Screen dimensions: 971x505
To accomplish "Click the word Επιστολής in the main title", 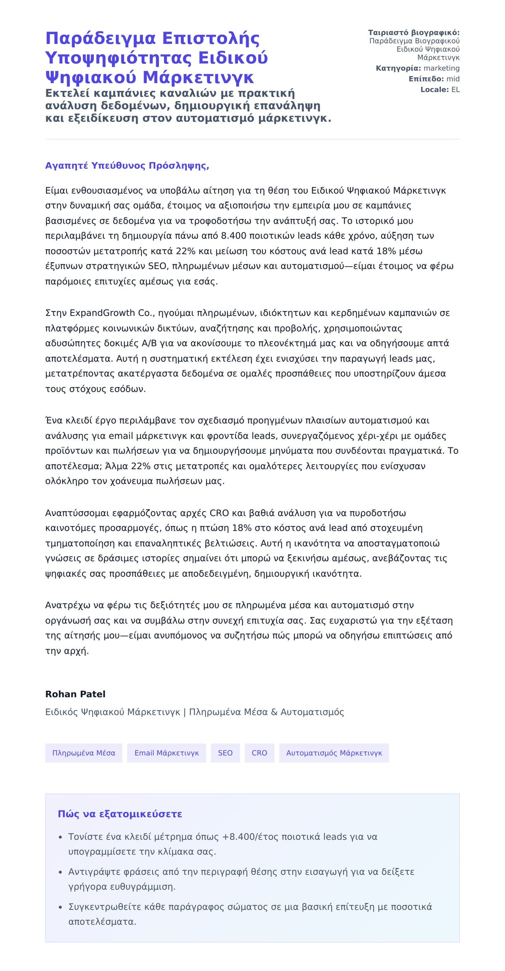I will coord(211,38).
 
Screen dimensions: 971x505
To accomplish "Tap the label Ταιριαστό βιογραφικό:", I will coord(414,32).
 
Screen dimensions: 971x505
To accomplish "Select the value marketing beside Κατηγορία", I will coord(441,68).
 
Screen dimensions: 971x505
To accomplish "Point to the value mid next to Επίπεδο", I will coord(453,79).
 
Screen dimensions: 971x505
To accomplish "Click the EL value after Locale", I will coord(455,90).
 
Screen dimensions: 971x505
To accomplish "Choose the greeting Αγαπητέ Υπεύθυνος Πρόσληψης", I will coord(127,166).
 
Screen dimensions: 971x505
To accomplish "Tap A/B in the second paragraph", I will coord(149,343).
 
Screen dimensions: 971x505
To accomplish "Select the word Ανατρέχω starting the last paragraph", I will coord(68,605).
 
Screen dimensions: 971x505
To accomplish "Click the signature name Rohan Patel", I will coord(75,694).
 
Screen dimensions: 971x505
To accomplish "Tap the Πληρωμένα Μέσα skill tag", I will coord(84,753).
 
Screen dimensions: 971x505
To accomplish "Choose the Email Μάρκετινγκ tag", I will coord(167,753).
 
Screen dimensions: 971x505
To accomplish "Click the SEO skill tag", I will coord(225,753).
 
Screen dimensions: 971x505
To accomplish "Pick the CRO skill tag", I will coord(259,753).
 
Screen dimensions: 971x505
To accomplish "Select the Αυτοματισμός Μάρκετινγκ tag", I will coord(334,753).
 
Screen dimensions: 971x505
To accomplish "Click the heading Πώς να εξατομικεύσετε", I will coord(120,814).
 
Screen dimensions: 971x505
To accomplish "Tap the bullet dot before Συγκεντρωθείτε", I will coord(61,907).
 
